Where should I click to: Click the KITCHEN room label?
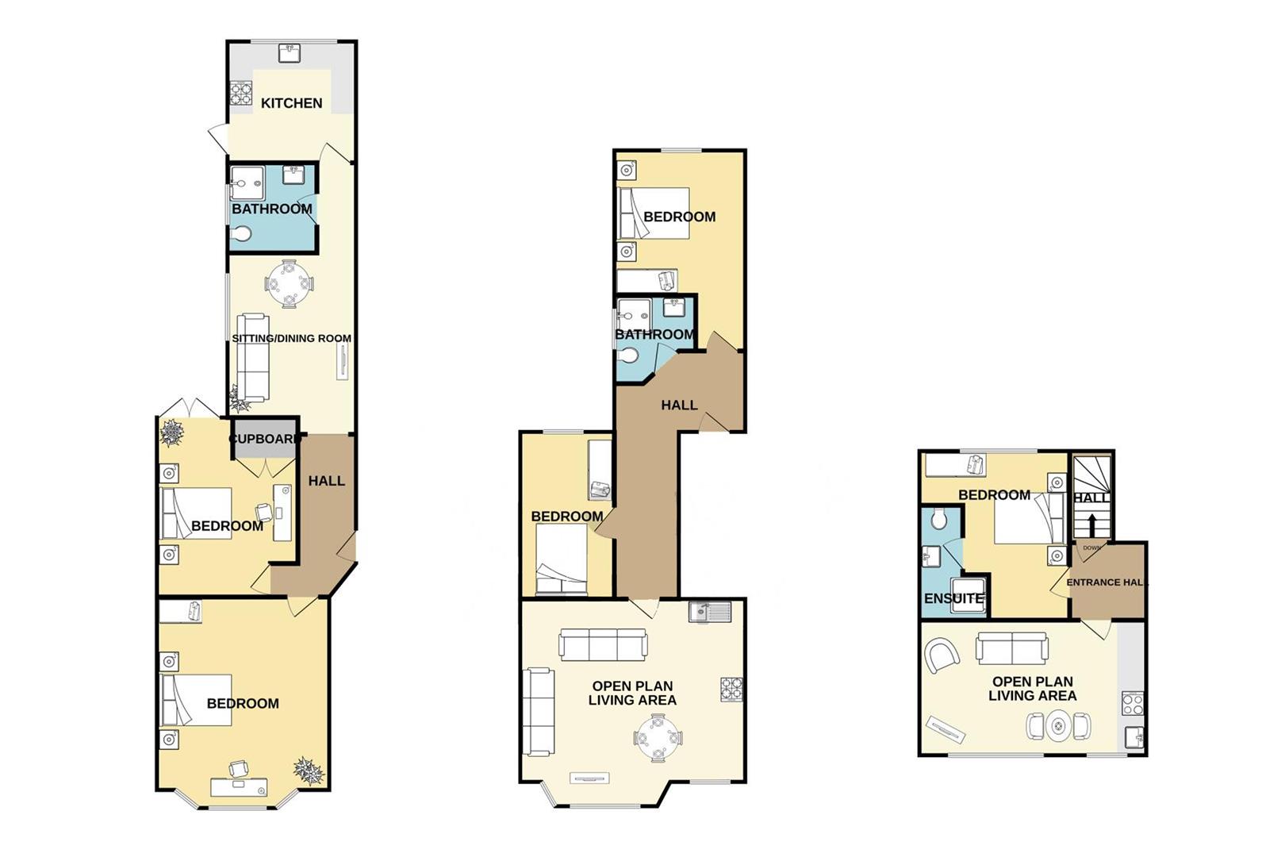291,103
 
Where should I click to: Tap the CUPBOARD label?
264,439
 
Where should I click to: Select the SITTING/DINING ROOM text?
291,338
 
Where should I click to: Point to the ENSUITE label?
954,598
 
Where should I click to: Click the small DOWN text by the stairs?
1091,548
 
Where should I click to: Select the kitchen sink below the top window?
291,53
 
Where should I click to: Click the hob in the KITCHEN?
241,94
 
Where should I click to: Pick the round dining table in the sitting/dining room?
289,283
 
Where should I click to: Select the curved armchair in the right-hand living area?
942,655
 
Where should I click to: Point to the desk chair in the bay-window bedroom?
238,768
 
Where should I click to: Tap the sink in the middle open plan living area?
710,612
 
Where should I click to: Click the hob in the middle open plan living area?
732,690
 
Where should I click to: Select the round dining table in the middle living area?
658,737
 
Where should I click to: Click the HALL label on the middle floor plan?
679,405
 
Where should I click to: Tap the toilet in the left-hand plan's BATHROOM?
241,234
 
